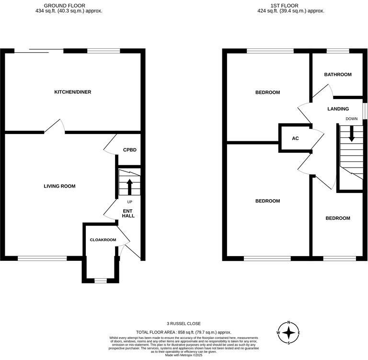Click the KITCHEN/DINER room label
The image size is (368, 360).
(72, 92)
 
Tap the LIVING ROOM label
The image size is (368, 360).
(59, 186)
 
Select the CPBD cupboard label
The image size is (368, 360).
(129, 150)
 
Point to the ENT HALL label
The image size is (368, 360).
(128, 214)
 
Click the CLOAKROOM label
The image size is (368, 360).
(103, 240)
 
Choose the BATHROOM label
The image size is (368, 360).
(337, 75)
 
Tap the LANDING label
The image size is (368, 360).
(338, 109)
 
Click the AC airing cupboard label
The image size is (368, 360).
(295, 138)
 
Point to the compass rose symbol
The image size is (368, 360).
(288, 332)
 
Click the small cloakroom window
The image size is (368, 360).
(100, 281)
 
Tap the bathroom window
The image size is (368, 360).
(337, 51)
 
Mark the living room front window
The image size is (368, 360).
(42, 259)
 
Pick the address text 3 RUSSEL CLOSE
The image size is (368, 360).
(184, 324)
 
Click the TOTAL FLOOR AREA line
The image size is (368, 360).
(184, 332)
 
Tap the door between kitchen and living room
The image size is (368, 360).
(54, 127)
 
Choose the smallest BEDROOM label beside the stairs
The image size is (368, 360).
(337, 218)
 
